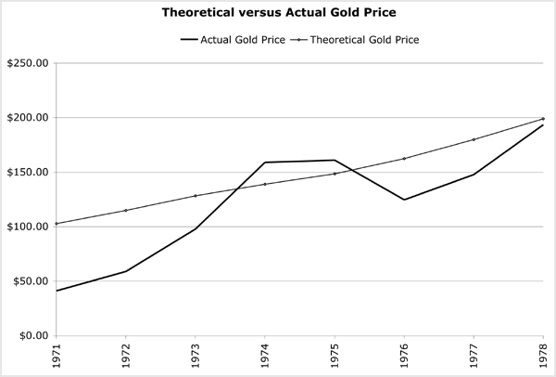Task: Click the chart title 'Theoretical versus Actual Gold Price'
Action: point(277,14)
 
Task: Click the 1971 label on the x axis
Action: point(57,355)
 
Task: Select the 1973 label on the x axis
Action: point(196,355)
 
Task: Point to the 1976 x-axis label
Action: point(404,355)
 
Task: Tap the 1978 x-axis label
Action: point(543,355)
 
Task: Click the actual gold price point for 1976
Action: point(404,200)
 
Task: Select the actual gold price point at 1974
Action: point(265,162)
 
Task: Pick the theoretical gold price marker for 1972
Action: point(126,211)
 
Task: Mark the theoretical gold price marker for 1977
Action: point(474,139)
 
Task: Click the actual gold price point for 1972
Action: point(126,271)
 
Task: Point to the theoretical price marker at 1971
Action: point(57,223)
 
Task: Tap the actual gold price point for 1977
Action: point(474,175)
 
